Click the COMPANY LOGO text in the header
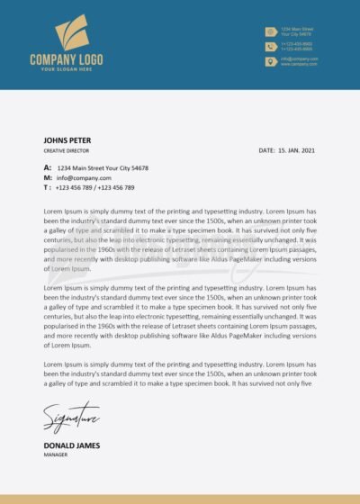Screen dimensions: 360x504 (x=66, y=59)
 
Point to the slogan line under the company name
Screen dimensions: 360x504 (x=66, y=69)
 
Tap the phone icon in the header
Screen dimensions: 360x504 (x=270, y=46)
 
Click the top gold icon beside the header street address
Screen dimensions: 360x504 (x=270, y=31)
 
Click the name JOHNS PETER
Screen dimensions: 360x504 (x=67, y=140)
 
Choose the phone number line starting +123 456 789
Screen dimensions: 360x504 (x=94, y=188)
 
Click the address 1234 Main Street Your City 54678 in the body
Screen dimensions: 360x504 (x=103, y=168)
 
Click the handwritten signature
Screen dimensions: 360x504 (x=70, y=418)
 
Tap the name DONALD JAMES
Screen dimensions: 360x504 (x=71, y=445)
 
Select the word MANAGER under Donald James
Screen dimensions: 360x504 (x=56, y=455)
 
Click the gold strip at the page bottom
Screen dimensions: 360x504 (x=180, y=499)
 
